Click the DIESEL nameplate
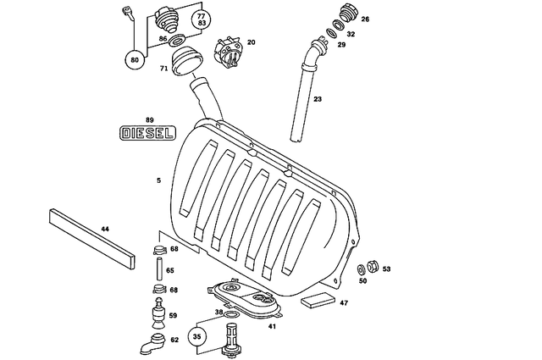tap(147, 133)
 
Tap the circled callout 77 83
tap(201, 21)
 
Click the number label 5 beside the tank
tap(158, 180)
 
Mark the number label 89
tap(149, 119)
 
